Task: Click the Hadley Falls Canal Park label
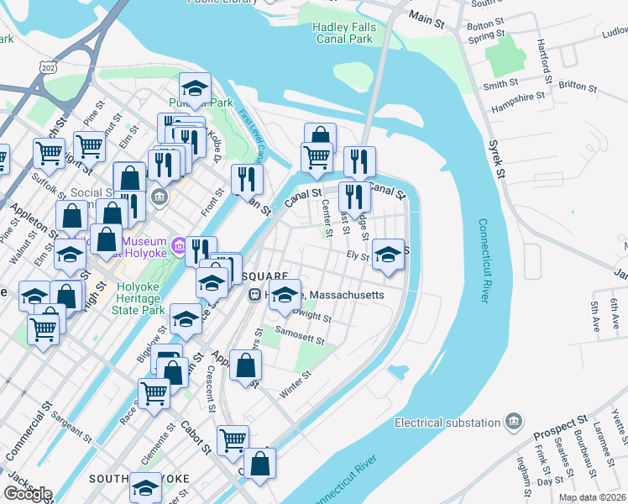coord(344,33)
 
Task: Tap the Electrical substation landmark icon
coord(514,422)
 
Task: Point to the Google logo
coord(28,494)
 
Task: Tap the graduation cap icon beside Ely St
coord(387,255)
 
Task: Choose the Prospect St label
coord(560,428)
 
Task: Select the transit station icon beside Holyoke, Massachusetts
coord(254,295)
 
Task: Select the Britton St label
coord(577,87)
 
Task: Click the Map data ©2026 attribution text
coord(592,497)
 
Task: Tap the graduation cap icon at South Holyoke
coord(145,487)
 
